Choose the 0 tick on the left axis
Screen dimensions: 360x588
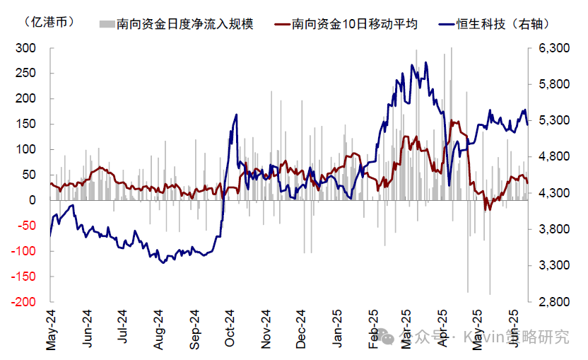point(33,200)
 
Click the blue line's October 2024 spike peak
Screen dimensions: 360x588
point(236,115)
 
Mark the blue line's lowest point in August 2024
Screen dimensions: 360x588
point(163,262)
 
